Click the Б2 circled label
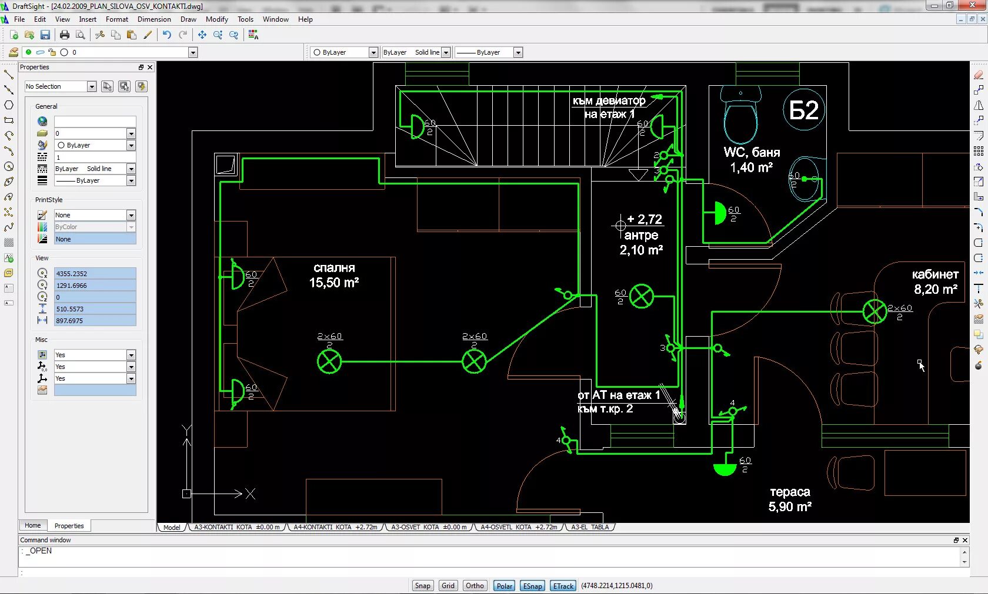pos(804,110)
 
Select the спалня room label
pos(334,268)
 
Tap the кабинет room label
pos(935,274)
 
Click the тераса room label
pos(790,492)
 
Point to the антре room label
pos(641,235)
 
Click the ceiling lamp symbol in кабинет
pos(874,311)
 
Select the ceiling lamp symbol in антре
pos(641,296)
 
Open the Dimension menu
pos(154,19)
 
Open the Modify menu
pos(216,19)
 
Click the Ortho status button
pos(475,586)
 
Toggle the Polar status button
pos(504,586)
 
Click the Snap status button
pos(422,586)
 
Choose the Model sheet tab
pos(172,528)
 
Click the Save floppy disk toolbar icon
pos(45,35)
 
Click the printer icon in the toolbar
pos(65,35)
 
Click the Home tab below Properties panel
pos(33,525)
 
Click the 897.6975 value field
pos(95,321)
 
